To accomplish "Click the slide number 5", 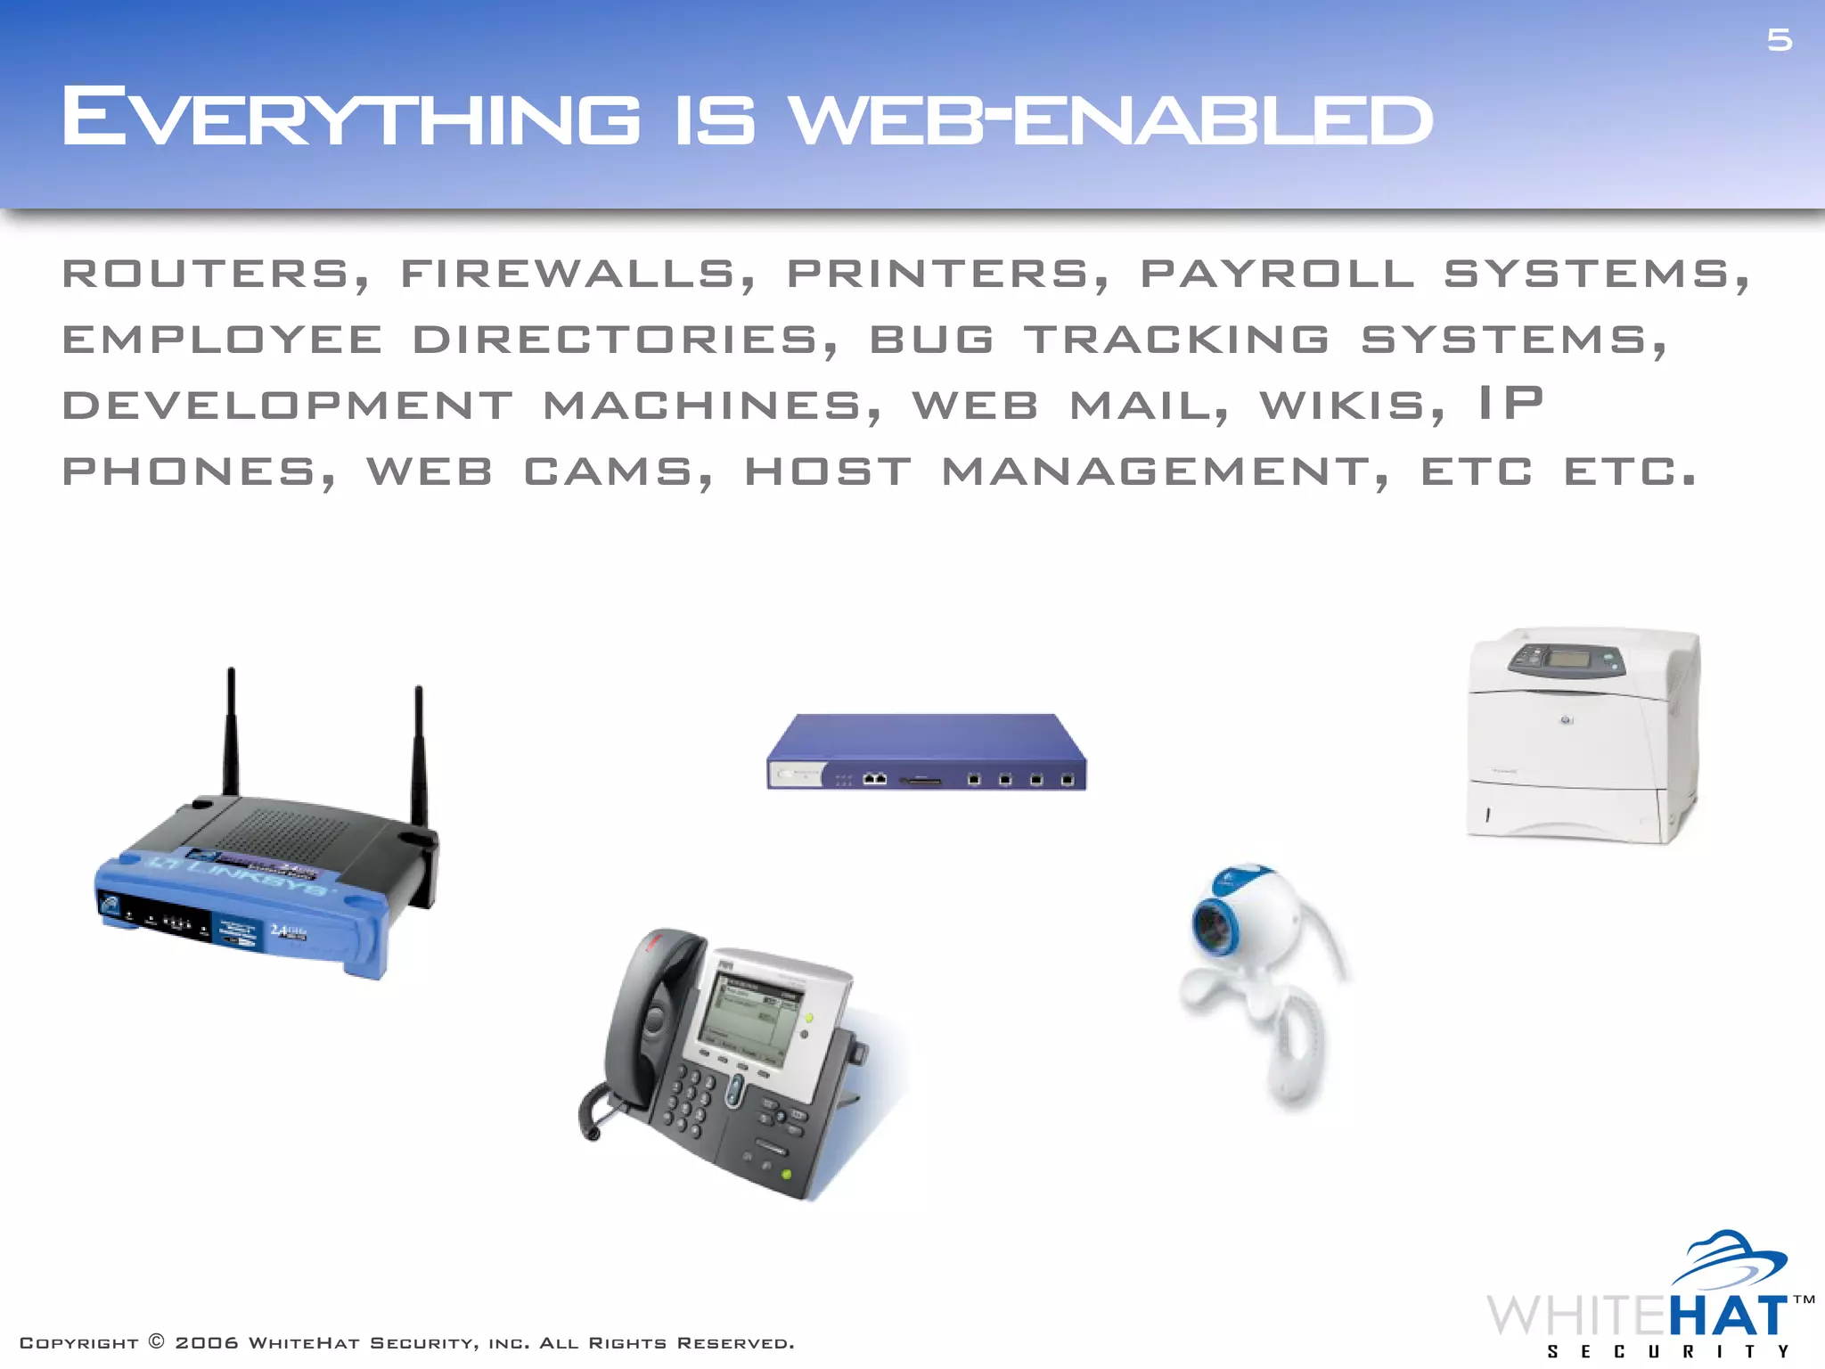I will pos(1779,40).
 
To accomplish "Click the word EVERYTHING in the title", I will pos(350,118).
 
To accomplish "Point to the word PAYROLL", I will pos(1277,274).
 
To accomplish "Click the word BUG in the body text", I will pos(931,340).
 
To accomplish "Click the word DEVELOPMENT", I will pos(287,406).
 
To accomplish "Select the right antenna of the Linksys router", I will pos(419,753).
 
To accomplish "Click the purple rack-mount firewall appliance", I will pos(926,753).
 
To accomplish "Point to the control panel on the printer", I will pos(1566,661).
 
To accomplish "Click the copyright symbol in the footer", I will pos(157,1341).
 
